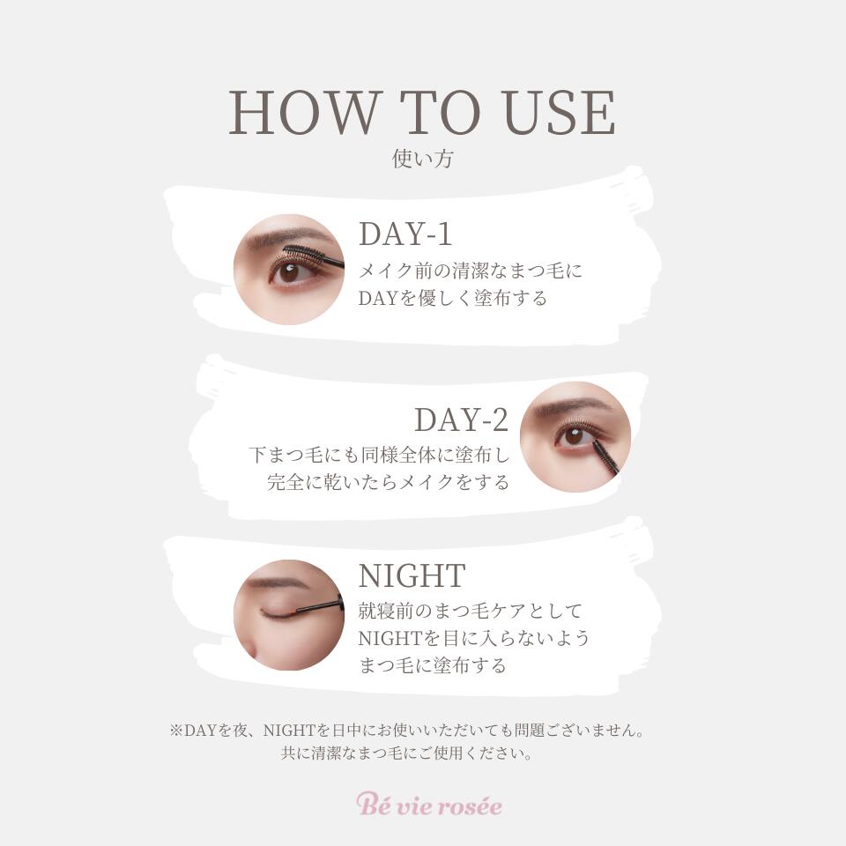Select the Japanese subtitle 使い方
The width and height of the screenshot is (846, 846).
point(423,160)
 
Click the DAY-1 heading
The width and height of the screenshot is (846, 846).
point(405,234)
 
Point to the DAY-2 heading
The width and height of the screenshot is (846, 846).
point(462,420)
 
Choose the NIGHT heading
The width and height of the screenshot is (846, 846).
point(412,575)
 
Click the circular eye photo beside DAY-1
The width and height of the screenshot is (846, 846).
point(288,270)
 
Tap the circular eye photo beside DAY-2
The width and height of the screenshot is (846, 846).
point(575,437)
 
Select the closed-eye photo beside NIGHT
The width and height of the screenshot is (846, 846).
point(288,614)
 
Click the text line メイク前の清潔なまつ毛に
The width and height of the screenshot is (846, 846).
point(471,271)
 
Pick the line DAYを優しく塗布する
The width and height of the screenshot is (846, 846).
point(453,298)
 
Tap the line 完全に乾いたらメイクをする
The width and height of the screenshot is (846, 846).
point(389,482)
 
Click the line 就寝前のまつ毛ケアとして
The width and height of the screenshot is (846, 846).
point(471,610)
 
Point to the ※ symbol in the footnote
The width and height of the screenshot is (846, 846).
point(175,731)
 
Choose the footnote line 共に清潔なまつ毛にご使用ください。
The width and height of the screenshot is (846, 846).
point(406,754)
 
